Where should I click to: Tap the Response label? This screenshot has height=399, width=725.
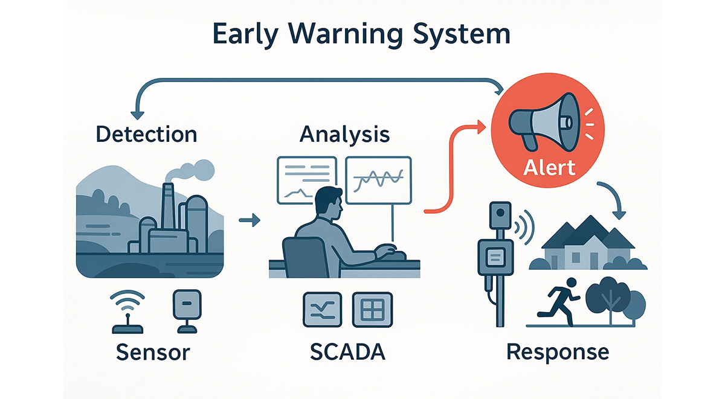click(558, 351)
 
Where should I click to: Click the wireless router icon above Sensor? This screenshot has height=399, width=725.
click(129, 311)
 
